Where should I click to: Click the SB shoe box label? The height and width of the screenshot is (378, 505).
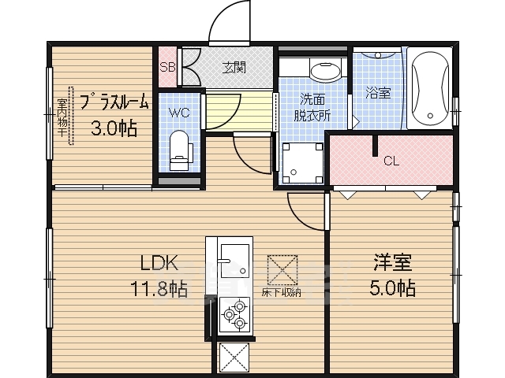point(167,67)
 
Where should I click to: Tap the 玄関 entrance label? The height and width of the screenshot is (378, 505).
point(233,67)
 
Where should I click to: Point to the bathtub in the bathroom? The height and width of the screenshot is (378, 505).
point(430,88)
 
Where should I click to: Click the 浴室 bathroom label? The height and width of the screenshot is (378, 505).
point(377,92)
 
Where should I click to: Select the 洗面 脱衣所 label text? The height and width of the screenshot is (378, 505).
point(313,106)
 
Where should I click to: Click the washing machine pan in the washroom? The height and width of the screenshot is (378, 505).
point(302,163)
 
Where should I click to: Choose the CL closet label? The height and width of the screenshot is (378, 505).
point(391,161)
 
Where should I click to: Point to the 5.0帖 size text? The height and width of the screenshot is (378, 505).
point(393,288)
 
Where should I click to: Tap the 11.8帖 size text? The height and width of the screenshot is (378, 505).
point(159,289)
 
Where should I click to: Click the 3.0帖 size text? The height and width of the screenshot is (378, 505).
point(113,128)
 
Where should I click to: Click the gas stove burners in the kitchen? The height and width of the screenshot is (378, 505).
point(234,317)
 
